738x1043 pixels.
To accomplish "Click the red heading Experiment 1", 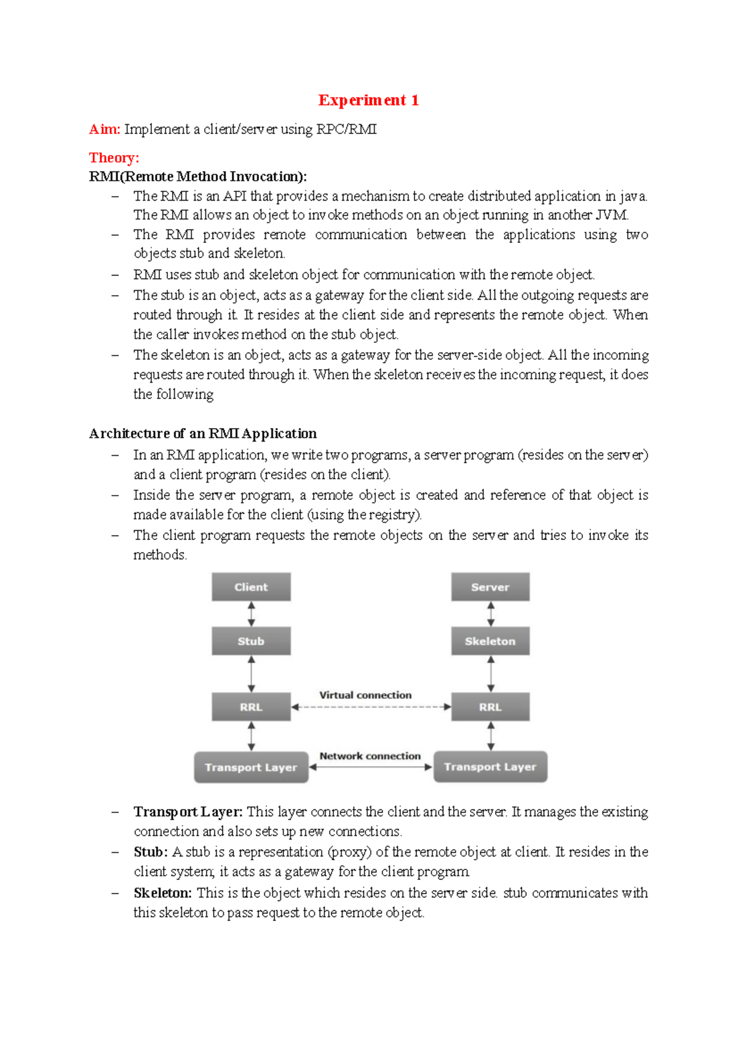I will pos(368,100).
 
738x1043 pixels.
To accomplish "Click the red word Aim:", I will pos(105,129).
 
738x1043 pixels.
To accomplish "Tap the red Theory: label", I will pos(114,158).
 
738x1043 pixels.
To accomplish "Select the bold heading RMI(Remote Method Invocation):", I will pos(197,176).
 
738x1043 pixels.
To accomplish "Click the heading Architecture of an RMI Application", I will pos(202,434).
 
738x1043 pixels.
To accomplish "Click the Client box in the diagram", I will pos(251,587).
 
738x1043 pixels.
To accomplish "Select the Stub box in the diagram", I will pos(251,641).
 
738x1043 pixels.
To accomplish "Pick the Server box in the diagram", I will pos(490,587).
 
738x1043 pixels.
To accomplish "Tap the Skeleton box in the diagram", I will pos(490,641).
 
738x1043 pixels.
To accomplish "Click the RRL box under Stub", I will pos(251,707).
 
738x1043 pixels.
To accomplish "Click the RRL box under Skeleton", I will pos(490,707).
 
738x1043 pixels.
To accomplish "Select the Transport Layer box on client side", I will pos(251,767).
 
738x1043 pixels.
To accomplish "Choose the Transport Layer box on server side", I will pos(490,767).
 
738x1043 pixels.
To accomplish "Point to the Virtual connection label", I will pos(365,695).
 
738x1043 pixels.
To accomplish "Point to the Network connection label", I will pos(370,756).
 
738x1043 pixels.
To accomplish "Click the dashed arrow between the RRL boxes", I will pos(371,707).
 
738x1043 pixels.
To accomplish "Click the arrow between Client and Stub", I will pos(251,614).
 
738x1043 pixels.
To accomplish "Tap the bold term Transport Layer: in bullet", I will pos(188,812).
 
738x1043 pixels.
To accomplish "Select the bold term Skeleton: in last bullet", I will pos(162,893).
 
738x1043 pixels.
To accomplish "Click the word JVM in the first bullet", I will pos(611,215).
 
